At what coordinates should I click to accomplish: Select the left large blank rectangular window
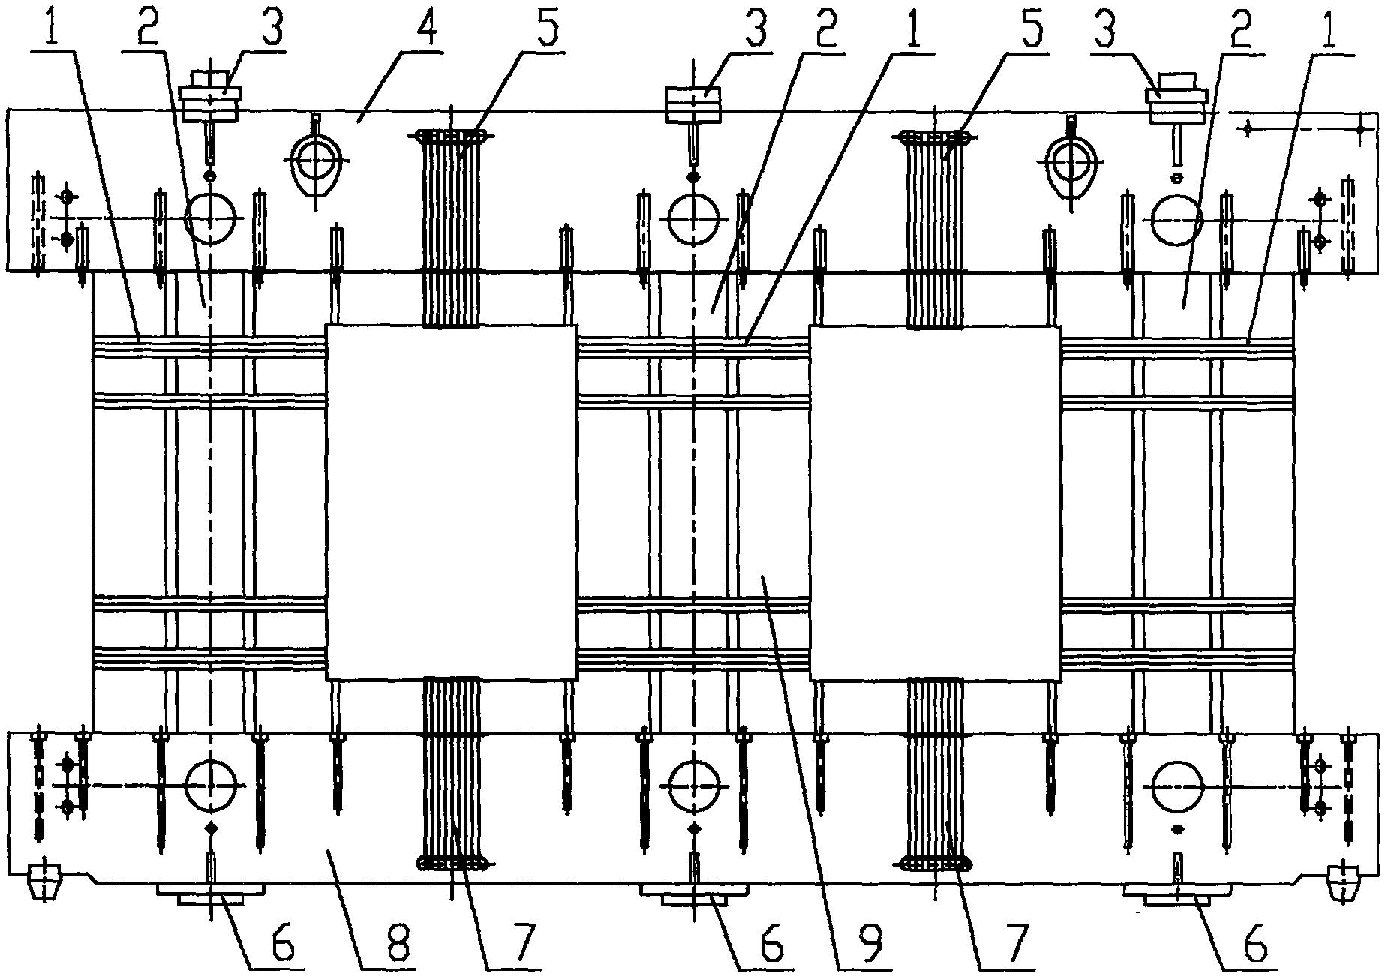(x=451, y=503)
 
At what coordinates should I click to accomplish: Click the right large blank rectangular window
(x=935, y=503)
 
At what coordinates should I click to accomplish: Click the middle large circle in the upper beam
(x=693, y=218)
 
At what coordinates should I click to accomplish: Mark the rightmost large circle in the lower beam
(x=1176, y=786)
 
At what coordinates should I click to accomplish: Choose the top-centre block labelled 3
(x=693, y=104)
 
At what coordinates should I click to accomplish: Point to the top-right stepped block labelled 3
(x=1176, y=98)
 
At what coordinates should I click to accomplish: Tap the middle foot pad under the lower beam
(x=693, y=894)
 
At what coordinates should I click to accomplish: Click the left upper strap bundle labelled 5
(x=452, y=229)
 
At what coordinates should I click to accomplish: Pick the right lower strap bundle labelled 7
(x=935, y=775)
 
